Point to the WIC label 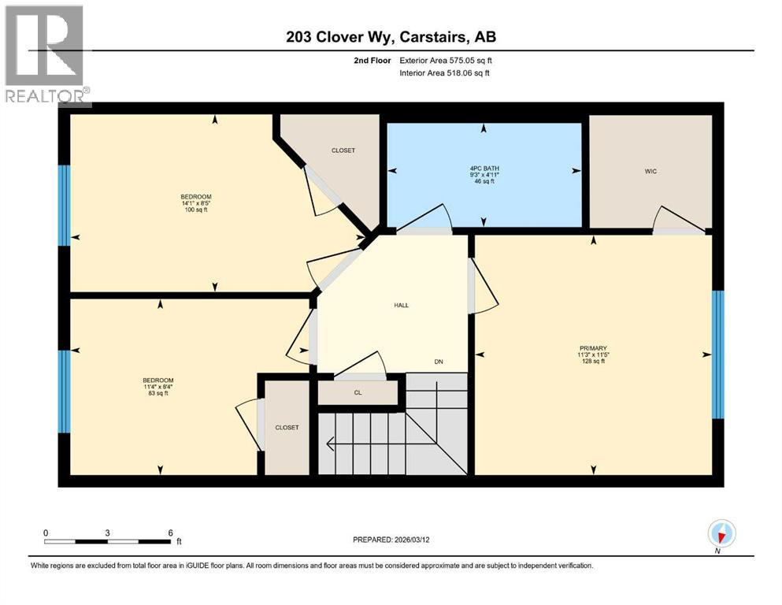pos(650,169)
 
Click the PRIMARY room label pos(593,347)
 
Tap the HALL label pos(402,305)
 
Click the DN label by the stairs pos(439,362)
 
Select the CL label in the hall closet pos(358,392)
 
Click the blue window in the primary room pos(717,354)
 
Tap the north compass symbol pos(721,534)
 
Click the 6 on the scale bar pos(170,533)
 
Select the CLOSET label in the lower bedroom pos(287,427)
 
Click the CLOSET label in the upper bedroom pos(343,150)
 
